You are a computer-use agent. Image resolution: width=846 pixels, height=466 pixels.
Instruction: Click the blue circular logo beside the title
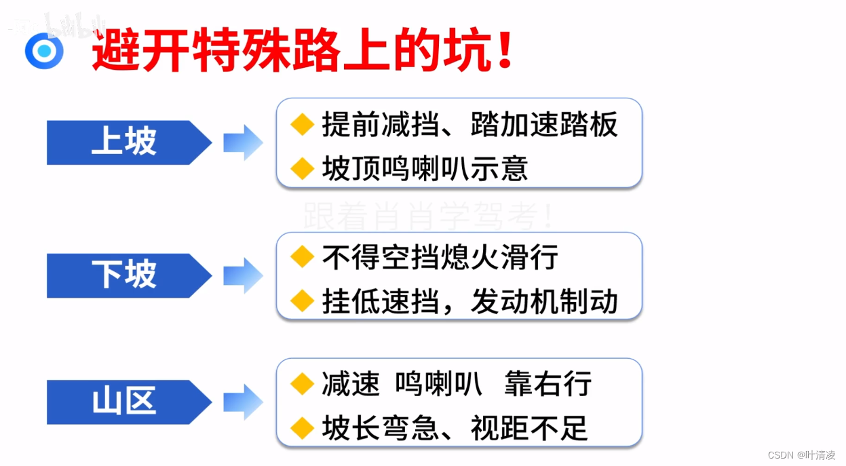[x=44, y=51]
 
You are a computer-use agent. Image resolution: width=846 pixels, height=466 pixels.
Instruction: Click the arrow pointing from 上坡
[x=243, y=142]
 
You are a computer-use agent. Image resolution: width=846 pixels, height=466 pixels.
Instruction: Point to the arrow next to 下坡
[x=243, y=275]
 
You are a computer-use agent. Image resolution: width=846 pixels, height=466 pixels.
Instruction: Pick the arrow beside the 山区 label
[x=243, y=402]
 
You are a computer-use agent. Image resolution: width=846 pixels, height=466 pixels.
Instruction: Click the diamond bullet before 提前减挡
[x=302, y=125]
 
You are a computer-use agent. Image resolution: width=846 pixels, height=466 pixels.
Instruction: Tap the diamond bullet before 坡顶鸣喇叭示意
[x=302, y=168]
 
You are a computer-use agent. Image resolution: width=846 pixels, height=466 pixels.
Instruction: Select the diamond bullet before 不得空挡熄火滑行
[x=302, y=257]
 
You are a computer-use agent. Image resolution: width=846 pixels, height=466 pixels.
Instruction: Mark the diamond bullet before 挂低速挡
[x=302, y=300]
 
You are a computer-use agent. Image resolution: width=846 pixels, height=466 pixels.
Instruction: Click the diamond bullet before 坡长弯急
[x=302, y=427]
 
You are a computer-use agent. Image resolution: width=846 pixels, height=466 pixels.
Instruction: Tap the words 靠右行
[x=547, y=384]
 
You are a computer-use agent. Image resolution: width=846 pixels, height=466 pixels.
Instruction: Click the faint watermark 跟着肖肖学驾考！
[x=429, y=216]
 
